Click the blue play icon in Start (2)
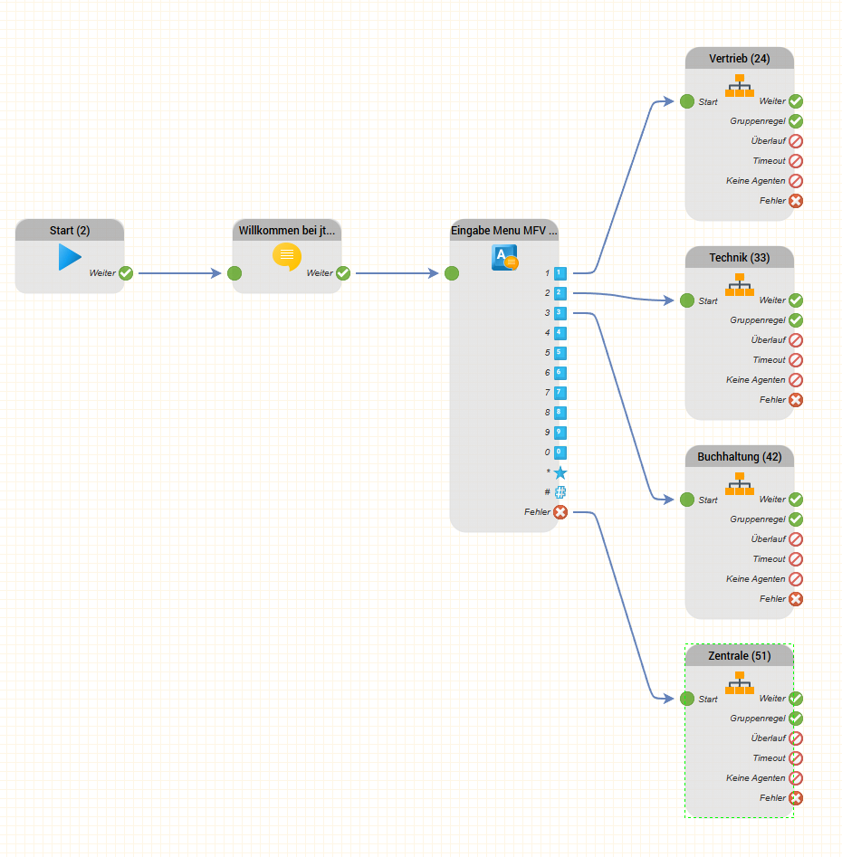tap(70, 257)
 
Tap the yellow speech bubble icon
tap(287, 257)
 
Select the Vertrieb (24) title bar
tap(740, 59)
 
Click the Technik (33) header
tap(740, 258)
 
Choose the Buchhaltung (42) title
tap(740, 457)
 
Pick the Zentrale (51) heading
tap(740, 656)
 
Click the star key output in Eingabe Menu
tap(560, 472)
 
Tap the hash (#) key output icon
tap(560, 492)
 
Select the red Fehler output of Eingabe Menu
tap(560, 512)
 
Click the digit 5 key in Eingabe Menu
tap(560, 353)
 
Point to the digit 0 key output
tap(560, 452)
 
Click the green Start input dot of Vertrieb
tap(687, 101)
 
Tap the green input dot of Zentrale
tap(687, 699)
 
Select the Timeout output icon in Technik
tap(796, 360)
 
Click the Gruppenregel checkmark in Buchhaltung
tap(796, 519)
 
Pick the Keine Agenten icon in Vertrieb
tap(796, 181)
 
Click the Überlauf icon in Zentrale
tap(796, 738)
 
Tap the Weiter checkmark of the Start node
tap(126, 273)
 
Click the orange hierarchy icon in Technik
tap(740, 284)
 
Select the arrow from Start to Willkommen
tap(179, 273)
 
